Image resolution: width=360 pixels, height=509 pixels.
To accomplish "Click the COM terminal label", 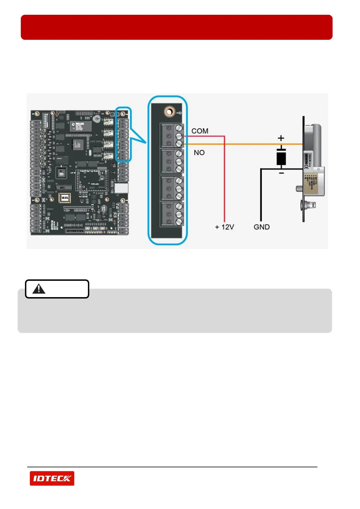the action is [200, 131].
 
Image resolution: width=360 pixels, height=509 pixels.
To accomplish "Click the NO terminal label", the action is [199, 153].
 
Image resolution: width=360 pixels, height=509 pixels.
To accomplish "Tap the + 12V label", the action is [224, 227].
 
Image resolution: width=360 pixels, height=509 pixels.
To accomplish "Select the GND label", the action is [261, 227].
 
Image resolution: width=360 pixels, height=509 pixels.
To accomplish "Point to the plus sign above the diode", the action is [281, 138].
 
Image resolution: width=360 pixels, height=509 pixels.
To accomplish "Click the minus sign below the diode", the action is [281, 173].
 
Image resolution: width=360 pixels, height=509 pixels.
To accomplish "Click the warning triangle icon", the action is [39, 289].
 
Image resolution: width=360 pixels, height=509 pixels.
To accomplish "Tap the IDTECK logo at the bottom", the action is [52, 478].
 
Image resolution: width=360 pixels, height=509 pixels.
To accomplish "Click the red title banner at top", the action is [177, 27].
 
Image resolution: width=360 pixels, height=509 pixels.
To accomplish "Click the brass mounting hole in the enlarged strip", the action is [170, 112].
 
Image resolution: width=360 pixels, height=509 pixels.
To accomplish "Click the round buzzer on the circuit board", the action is [97, 118].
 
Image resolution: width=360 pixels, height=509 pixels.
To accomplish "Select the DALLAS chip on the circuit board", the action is [81, 126].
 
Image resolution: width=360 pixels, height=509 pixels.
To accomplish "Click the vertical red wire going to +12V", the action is [224, 181].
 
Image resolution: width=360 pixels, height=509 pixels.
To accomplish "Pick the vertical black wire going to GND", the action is [261, 196].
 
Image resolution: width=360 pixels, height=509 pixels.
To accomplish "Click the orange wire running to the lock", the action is [242, 144].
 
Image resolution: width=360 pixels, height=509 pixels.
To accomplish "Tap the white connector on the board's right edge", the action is [121, 188].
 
